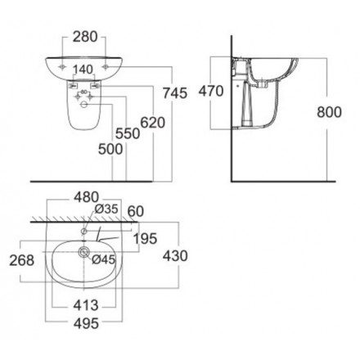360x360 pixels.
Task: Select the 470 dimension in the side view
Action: tap(213, 90)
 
